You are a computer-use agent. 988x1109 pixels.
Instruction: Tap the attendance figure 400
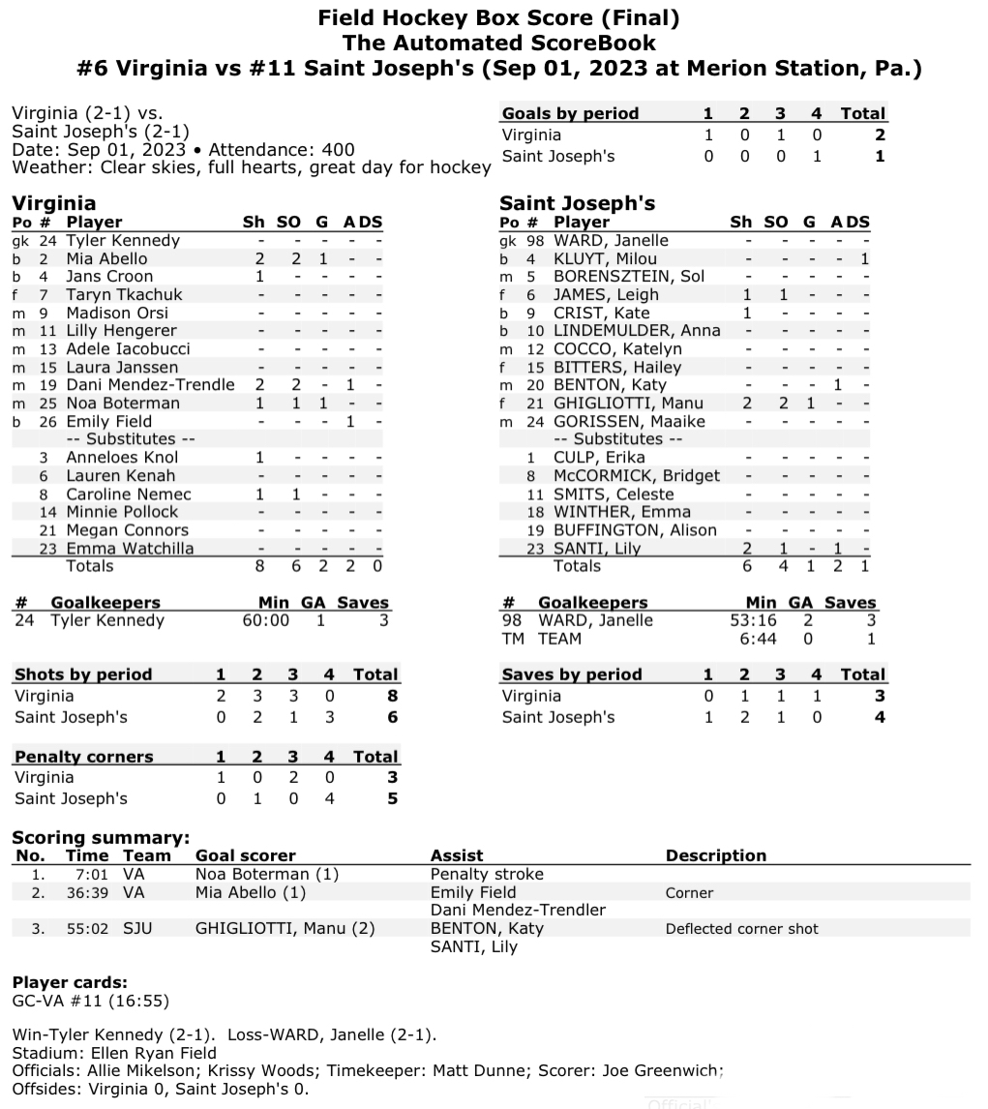coord(341,150)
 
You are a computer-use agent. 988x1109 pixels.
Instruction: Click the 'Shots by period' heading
coord(83,674)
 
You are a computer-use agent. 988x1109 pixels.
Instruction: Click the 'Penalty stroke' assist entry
coord(487,874)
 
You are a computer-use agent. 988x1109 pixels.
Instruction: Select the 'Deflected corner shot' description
coord(741,929)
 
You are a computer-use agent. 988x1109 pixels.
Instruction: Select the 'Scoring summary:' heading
coord(101,838)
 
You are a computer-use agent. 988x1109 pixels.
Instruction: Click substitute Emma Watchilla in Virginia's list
coord(130,548)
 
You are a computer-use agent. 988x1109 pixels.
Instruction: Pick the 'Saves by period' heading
coord(571,674)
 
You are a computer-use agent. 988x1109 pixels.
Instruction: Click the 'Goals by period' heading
coord(570,113)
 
